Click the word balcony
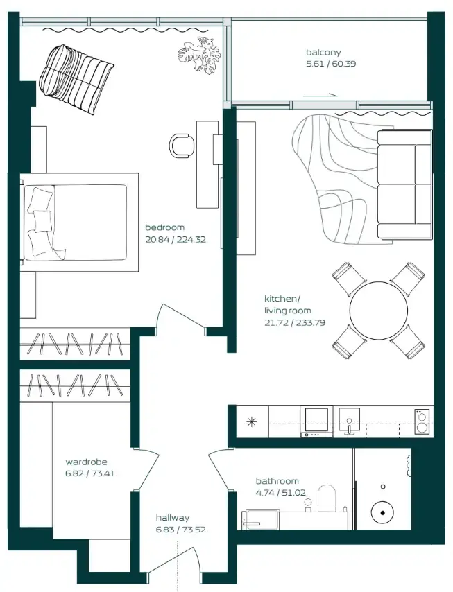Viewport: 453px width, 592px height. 323,53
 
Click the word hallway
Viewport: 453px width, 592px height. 172,517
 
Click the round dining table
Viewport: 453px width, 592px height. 378,310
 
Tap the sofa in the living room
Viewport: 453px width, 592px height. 404,184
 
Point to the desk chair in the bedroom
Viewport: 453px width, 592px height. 182,145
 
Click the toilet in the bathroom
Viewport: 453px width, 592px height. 327,498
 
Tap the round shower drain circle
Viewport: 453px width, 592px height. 382,514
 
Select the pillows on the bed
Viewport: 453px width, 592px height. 40,221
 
